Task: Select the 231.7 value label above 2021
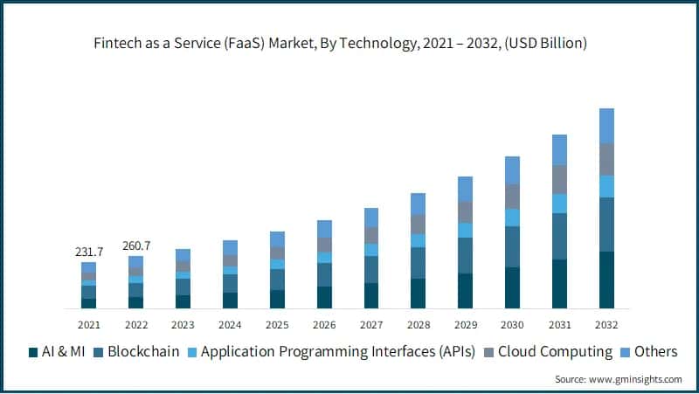[88, 252]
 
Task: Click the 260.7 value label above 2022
[135, 245]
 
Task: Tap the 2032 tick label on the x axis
[606, 324]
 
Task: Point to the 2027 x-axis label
[371, 324]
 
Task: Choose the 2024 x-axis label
[230, 324]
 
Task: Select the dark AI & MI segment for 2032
[606, 280]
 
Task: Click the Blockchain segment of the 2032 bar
[606, 225]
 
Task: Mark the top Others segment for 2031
[559, 150]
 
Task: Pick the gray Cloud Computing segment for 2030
[512, 197]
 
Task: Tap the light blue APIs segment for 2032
[606, 186]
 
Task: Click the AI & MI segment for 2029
[465, 291]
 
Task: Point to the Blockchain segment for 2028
[418, 263]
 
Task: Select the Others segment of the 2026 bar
[324, 229]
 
